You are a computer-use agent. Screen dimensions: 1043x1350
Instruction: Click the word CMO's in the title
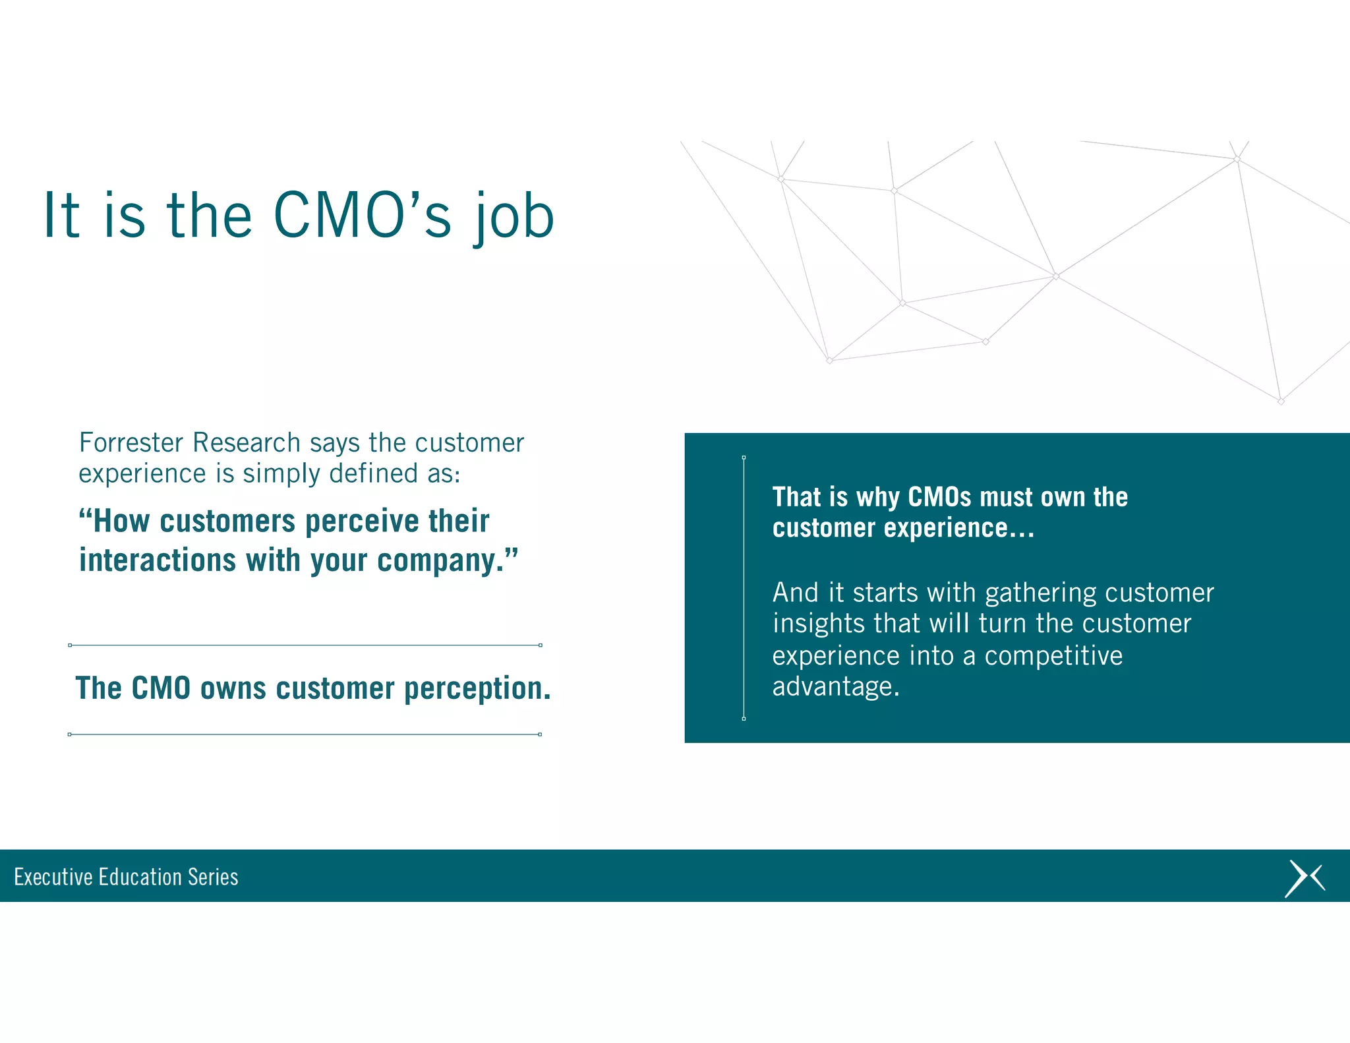[362, 216]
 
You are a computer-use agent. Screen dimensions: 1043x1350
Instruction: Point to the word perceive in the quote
[361, 521]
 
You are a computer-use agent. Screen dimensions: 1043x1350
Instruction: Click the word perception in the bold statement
[477, 688]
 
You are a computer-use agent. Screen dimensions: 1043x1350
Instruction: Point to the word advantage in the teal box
[835, 687]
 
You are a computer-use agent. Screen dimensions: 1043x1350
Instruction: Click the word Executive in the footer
[53, 877]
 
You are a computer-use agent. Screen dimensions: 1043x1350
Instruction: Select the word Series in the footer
[213, 877]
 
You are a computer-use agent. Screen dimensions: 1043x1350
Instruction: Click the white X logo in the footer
[1304, 878]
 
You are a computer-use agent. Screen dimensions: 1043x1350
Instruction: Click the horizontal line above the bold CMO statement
[305, 645]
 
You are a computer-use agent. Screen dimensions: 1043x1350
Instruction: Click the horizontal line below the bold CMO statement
[305, 734]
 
